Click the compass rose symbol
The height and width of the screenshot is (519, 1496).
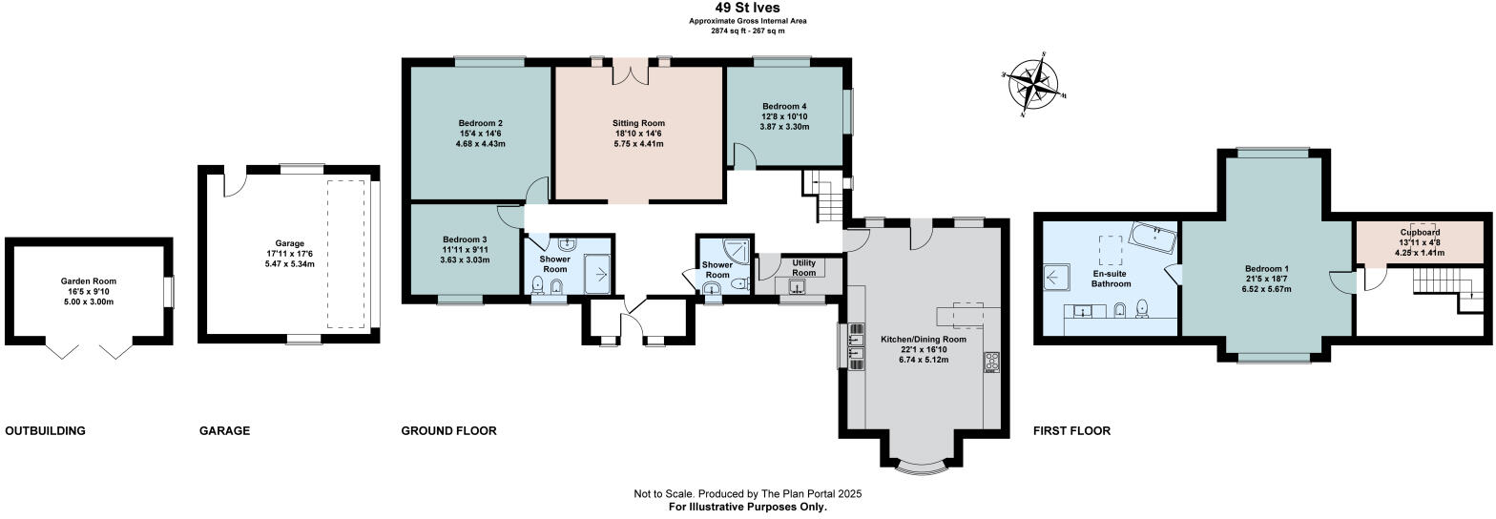coord(1033,83)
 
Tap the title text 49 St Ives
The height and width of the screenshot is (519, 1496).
coord(747,8)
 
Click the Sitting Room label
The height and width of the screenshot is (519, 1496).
coord(638,123)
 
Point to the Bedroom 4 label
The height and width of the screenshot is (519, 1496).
coord(784,106)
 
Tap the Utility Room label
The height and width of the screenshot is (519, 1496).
coord(803,266)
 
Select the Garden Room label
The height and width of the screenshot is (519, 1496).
coord(88,281)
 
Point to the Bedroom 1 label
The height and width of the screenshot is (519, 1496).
coord(1266,268)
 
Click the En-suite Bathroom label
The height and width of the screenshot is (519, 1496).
coord(1112,278)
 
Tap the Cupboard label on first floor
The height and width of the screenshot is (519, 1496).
coord(1420,232)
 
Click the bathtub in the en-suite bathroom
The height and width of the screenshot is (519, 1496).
coord(1153,235)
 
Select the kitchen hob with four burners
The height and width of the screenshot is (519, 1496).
coord(990,362)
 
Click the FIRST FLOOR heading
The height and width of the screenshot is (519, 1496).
coord(1071,431)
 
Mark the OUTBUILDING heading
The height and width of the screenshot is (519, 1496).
coord(45,431)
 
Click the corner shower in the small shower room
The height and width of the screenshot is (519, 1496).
coord(735,250)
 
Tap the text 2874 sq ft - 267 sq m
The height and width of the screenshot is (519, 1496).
coord(747,31)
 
